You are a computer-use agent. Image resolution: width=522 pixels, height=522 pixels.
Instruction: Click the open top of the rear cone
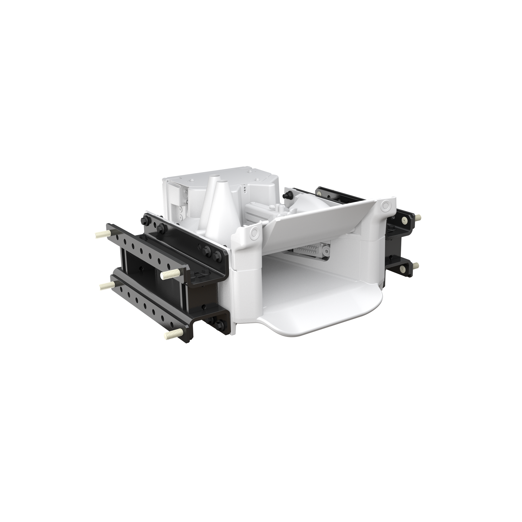(x=215, y=176)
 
